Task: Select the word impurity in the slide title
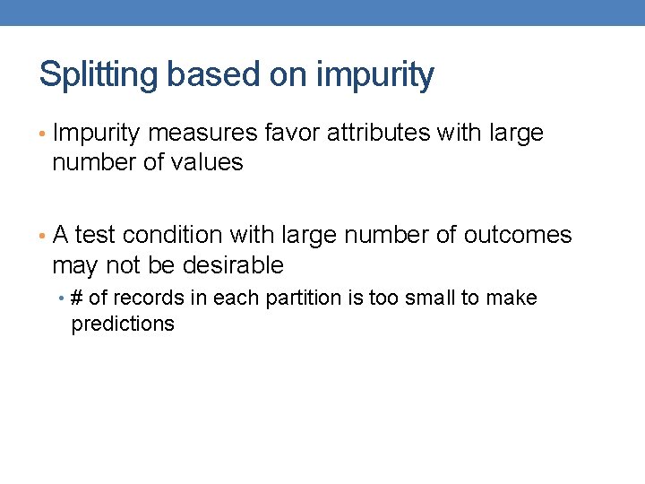tap(375, 75)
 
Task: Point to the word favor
tap(293, 134)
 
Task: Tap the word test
tap(96, 235)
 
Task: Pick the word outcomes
tap(518, 235)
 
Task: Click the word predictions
tap(123, 324)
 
